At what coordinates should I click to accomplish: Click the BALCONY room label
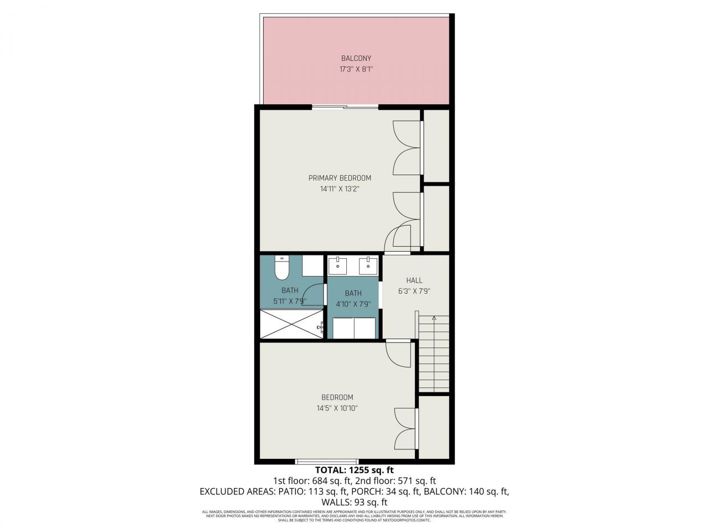pos(356,58)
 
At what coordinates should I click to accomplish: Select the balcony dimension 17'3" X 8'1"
pos(356,70)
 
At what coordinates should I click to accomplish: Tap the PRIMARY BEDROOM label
pos(340,178)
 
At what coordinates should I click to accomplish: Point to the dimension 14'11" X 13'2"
pos(340,189)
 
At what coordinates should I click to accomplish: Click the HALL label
pos(414,280)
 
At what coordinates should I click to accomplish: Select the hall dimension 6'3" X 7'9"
pos(414,291)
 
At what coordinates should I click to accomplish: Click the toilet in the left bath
pos(281,269)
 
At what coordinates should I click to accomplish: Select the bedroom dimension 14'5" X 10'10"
pos(337,408)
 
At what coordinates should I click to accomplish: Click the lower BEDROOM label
pos(337,397)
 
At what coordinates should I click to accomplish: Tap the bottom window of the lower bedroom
pos(327,461)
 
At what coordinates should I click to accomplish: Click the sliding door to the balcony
pos(346,106)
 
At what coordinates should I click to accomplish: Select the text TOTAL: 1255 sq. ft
pos(354,470)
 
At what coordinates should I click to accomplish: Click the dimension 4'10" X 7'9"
pos(353,304)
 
